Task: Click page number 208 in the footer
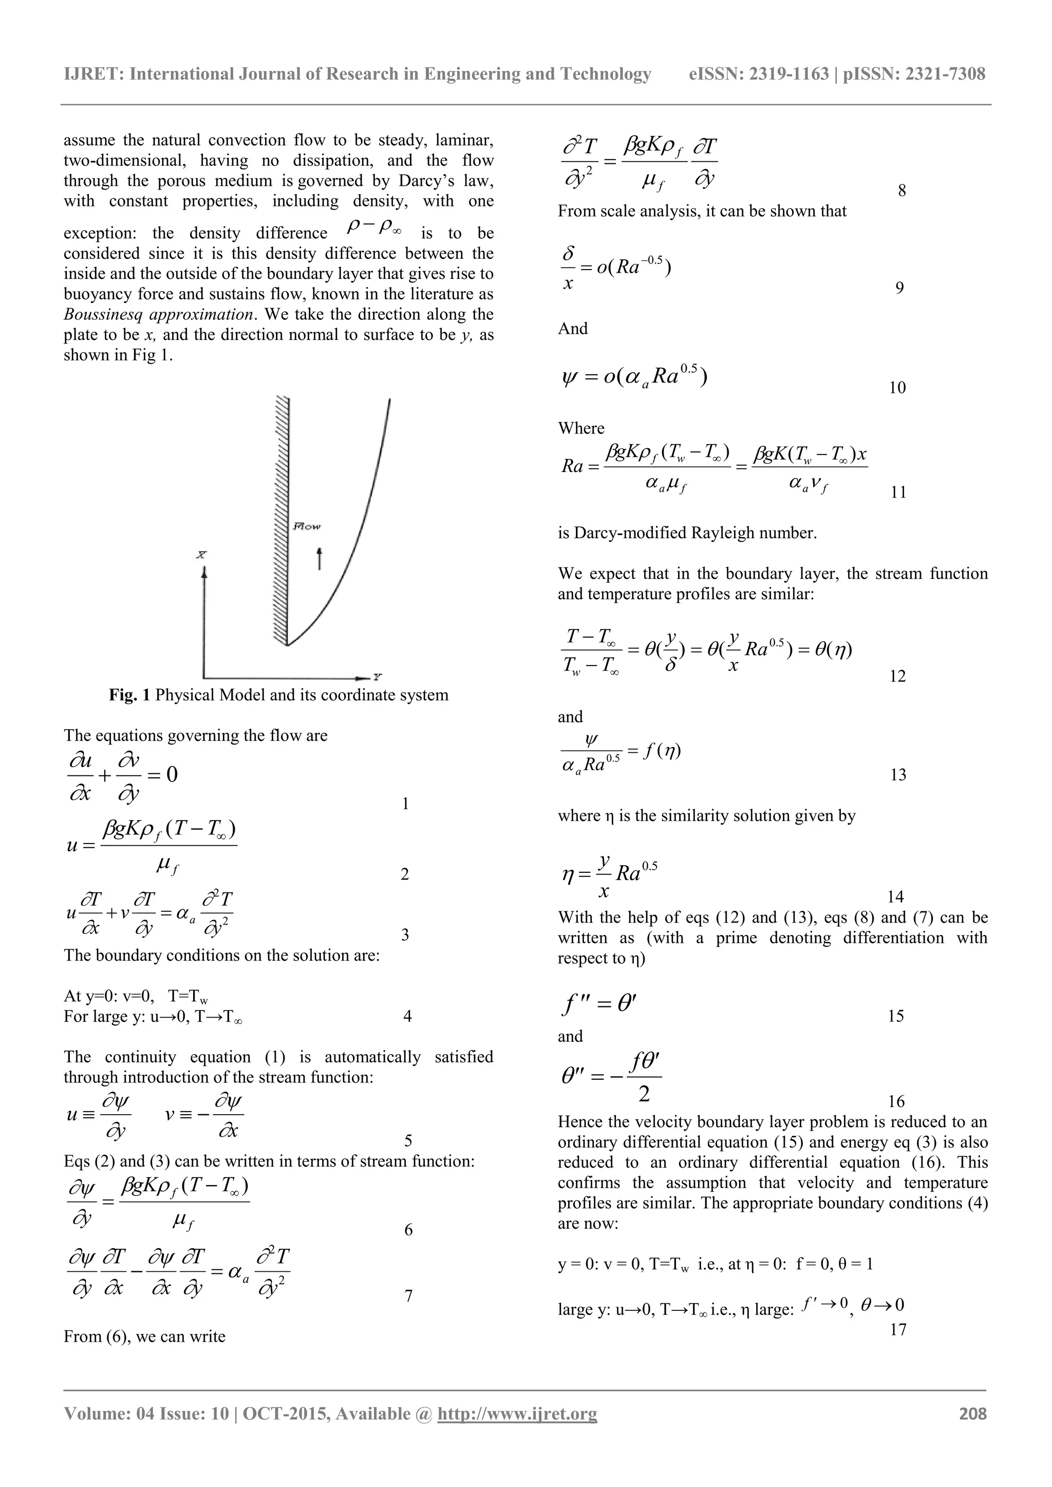tap(972, 1413)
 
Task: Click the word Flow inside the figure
tap(307, 526)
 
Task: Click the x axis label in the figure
tap(201, 555)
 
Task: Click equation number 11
tap(898, 492)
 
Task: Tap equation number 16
tap(896, 1101)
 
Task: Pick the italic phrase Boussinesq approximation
tap(158, 315)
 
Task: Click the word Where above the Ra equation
tap(581, 428)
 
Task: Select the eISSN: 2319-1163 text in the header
tap(759, 74)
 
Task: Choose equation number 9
tap(899, 288)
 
